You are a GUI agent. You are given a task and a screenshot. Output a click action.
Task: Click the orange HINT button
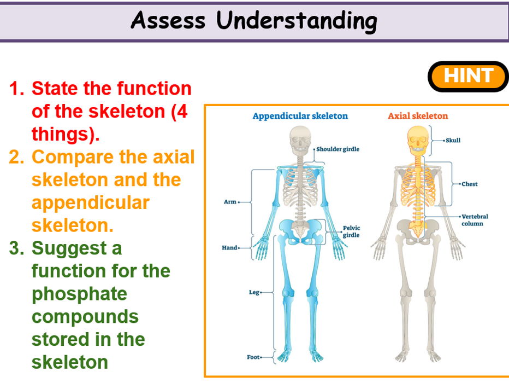[468, 76]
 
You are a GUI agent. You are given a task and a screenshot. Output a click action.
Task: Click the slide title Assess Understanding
[254, 20]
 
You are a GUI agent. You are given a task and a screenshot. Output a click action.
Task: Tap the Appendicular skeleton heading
[300, 116]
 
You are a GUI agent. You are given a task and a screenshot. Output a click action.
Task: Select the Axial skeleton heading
[418, 116]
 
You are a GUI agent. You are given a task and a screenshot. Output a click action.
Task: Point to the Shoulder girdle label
[338, 149]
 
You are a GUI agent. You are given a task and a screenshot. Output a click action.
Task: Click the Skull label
[453, 141]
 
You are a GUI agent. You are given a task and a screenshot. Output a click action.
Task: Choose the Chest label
[469, 184]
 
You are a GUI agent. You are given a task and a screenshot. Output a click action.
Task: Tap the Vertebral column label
[475, 220]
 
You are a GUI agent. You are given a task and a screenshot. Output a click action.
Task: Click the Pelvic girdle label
[351, 231]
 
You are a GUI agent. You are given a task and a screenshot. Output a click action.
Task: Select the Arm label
[230, 202]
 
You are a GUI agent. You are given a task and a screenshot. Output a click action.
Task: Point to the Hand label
[229, 248]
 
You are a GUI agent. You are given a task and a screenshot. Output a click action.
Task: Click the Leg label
[254, 293]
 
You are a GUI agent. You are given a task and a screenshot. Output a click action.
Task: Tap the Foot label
[253, 357]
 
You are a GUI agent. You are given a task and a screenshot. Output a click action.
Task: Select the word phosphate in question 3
[79, 294]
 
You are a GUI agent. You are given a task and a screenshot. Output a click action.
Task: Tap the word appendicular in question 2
[90, 202]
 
